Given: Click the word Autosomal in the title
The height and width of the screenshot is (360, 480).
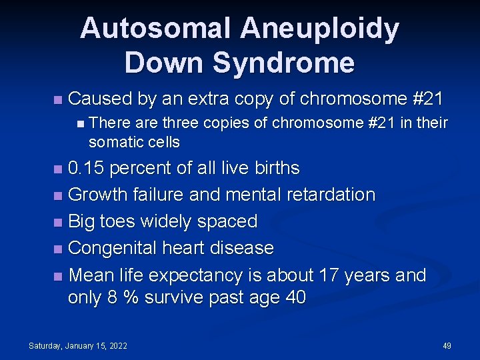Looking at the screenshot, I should pyautogui.click(x=157, y=29).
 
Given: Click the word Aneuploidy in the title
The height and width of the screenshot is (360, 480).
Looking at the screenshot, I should pyautogui.click(x=321, y=29).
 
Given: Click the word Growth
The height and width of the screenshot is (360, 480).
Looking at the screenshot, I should pyautogui.click(x=101, y=195).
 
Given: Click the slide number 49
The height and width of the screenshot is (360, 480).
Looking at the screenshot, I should pyautogui.click(x=447, y=346).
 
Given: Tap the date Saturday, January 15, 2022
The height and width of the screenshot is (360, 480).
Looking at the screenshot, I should pyautogui.click(x=79, y=346).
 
